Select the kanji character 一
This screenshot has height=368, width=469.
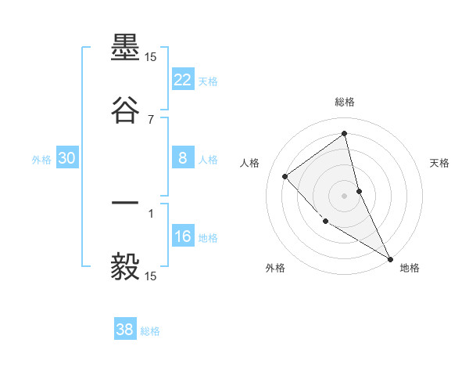click(126, 205)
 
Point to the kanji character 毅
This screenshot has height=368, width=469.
click(126, 266)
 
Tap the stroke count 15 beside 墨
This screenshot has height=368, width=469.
click(151, 57)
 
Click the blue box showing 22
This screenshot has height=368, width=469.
click(183, 80)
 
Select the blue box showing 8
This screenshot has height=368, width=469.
click(183, 158)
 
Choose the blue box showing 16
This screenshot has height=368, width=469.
click(183, 237)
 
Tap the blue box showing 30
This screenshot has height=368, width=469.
click(67, 158)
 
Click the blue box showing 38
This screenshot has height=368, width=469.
click(125, 330)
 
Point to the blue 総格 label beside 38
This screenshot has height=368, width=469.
click(150, 331)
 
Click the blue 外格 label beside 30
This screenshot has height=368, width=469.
click(42, 160)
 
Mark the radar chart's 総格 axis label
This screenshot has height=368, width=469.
click(345, 102)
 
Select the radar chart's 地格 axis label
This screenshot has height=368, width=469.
click(410, 268)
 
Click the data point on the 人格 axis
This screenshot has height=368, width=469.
click(285, 176)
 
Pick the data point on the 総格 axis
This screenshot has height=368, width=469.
click(345, 133)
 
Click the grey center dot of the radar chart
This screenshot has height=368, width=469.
click(345, 195)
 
